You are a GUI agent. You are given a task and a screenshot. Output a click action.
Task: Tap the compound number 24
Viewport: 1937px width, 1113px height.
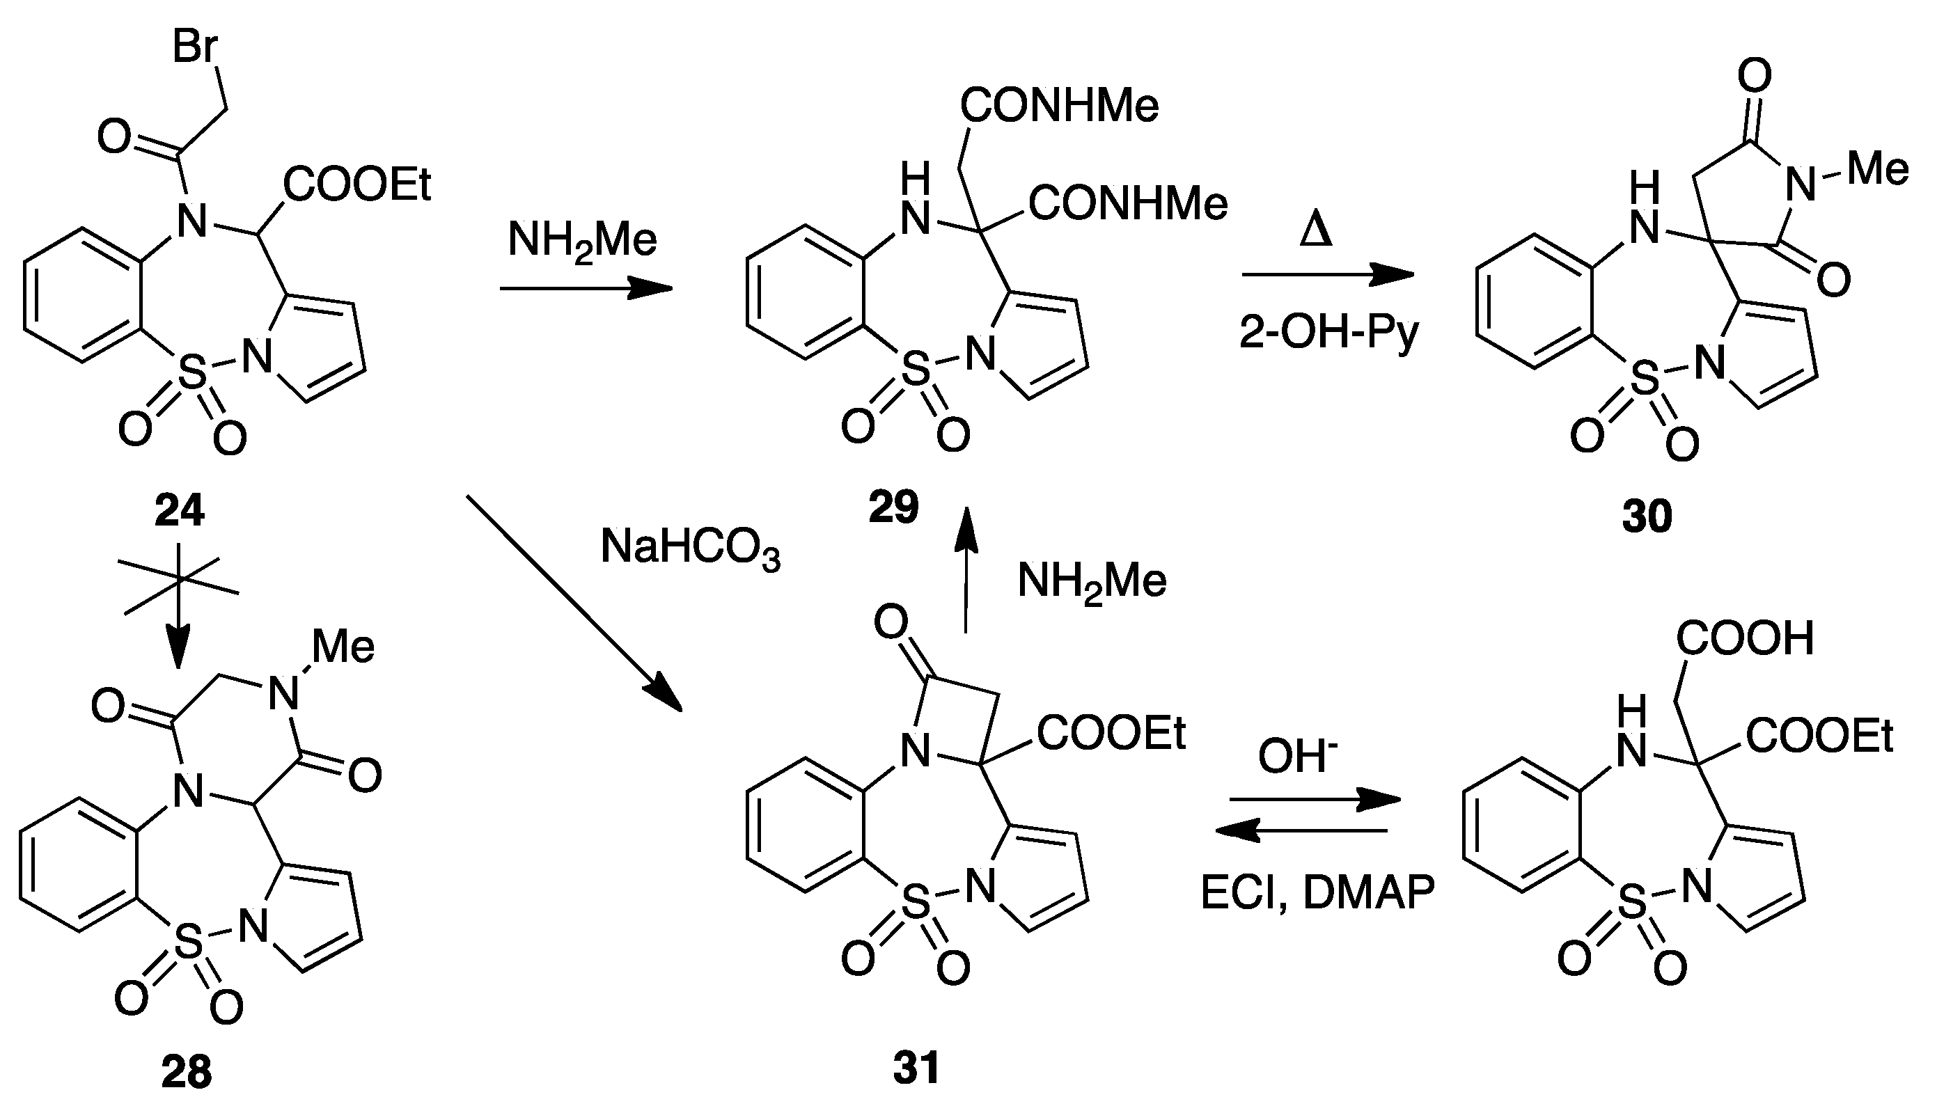coord(180,510)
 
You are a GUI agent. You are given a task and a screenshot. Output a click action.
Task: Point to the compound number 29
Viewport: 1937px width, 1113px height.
coord(893,507)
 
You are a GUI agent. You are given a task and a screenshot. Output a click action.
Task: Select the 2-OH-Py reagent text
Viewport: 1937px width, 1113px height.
coord(1328,333)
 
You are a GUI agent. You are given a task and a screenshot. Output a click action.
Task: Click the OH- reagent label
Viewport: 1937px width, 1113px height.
coord(1298,757)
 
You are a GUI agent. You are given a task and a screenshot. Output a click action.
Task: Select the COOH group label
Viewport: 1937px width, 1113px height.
coord(1745,638)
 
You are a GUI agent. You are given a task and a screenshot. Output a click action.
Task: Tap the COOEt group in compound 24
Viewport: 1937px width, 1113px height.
coord(357,185)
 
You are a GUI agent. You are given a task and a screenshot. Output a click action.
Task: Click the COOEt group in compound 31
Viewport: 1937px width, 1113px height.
coord(1111,733)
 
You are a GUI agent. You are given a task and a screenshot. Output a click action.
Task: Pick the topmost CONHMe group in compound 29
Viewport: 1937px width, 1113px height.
coord(1060,106)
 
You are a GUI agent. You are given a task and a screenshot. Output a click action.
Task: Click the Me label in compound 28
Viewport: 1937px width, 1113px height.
coord(343,647)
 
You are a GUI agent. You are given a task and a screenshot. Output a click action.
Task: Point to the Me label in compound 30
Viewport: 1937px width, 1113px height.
coord(1877,169)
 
